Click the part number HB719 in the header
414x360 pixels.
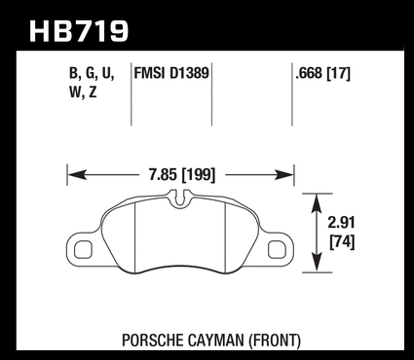pos(79,31)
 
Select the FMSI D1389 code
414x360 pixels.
pos(171,73)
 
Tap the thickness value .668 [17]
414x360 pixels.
pos(322,74)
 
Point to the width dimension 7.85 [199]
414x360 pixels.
pos(182,175)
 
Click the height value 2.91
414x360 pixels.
pos(341,223)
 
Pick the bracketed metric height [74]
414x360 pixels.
pos(342,242)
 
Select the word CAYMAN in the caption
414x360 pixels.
pos(215,341)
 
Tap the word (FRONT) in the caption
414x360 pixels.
pos(274,341)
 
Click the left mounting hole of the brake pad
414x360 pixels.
pos(83,250)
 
